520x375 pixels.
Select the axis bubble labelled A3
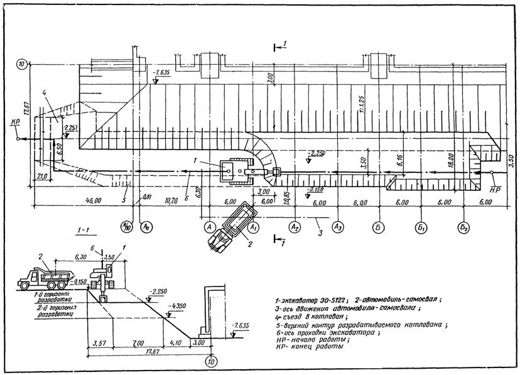(339, 225)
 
